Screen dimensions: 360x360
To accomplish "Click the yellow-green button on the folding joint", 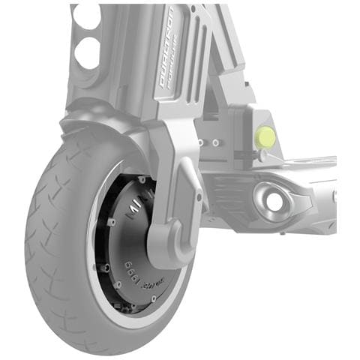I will point(265,136).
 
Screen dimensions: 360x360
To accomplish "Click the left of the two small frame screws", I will point(200,142).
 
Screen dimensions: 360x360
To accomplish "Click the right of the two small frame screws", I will point(216,142).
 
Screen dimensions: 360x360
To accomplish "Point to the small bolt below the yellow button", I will point(262,156).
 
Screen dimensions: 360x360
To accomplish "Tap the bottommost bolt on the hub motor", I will point(153,299).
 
